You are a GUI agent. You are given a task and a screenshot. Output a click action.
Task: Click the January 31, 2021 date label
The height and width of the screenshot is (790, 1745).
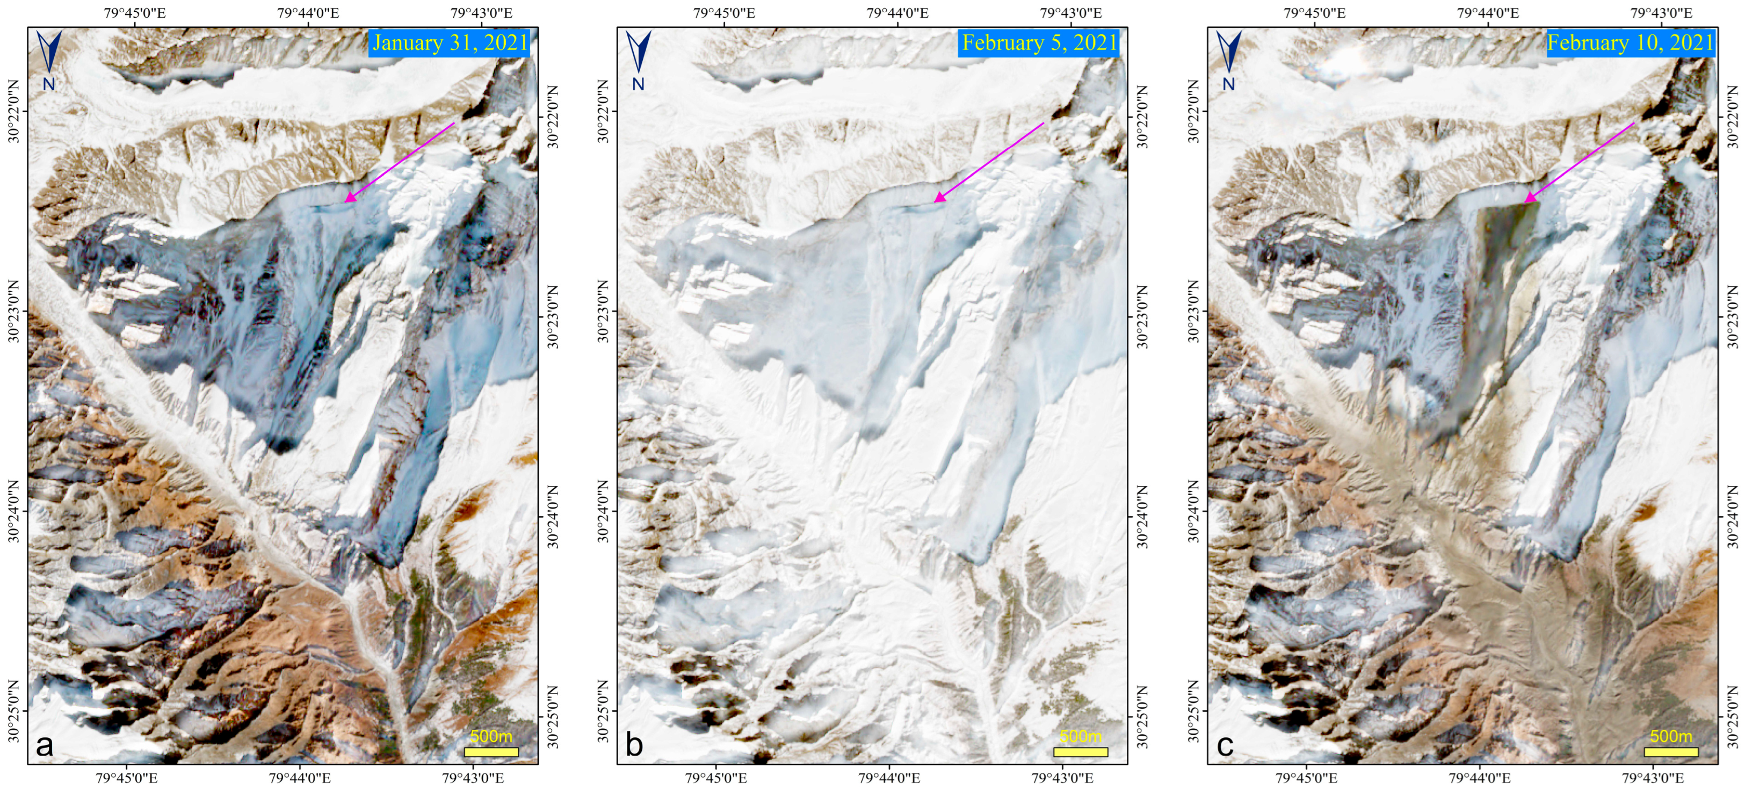pyautogui.click(x=450, y=42)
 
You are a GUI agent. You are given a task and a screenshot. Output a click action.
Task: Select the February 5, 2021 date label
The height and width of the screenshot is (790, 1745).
pyautogui.click(x=1039, y=42)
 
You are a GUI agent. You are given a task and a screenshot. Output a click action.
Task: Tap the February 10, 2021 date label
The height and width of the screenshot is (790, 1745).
pyautogui.click(x=1631, y=42)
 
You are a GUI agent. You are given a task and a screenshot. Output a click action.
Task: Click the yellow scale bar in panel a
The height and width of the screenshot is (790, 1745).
pyautogui.click(x=491, y=751)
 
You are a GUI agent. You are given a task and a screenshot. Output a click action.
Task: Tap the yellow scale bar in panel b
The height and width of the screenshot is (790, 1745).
pyautogui.click(x=1081, y=751)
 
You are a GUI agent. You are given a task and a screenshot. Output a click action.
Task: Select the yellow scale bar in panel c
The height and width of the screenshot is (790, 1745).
pyautogui.click(x=1671, y=751)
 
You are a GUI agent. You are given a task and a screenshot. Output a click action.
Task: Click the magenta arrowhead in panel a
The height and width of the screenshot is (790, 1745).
pyautogui.click(x=348, y=199)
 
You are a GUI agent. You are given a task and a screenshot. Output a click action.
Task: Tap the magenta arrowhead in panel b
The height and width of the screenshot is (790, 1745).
pyautogui.click(x=938, y=199)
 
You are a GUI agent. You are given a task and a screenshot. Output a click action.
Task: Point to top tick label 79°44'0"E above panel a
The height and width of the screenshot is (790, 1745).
pyautogui.click(x=308, y=13)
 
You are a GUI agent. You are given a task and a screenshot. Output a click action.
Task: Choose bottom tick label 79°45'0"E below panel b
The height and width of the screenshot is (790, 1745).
pyautogui.click(x=716, y=778)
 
